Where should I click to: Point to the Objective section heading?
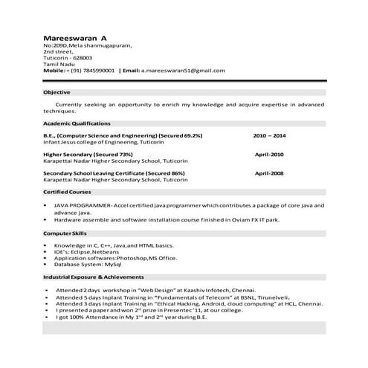pyautogui.click(x=57, y=92)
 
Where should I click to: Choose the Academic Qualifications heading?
pyautogui.click(x=77, y=122)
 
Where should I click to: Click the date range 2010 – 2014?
pyautogui.click(x=269, y=137)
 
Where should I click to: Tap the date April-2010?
pyautogui.click(x=269, y=155)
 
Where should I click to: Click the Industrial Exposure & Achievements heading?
pyautogui.click(x=95, y=277)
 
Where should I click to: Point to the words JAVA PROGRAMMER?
pyautogui.click(x=83, y=204)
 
